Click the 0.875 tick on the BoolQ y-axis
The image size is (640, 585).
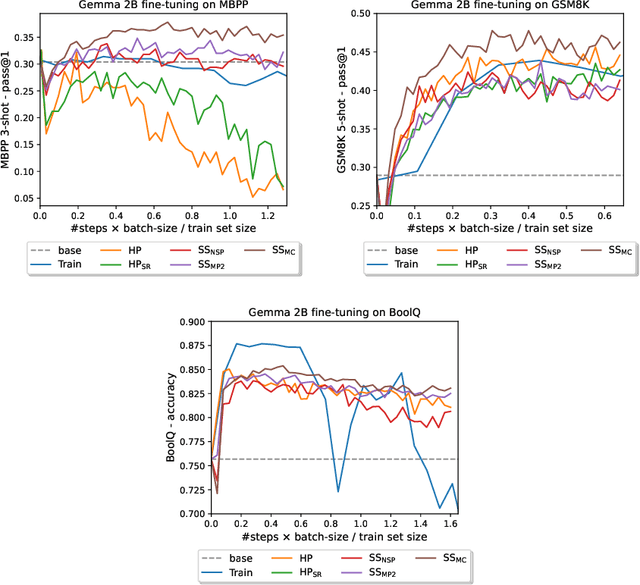pos(188,345)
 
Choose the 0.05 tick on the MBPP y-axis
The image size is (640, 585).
pos(24,197)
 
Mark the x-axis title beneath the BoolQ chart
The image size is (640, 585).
pos(330,537)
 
